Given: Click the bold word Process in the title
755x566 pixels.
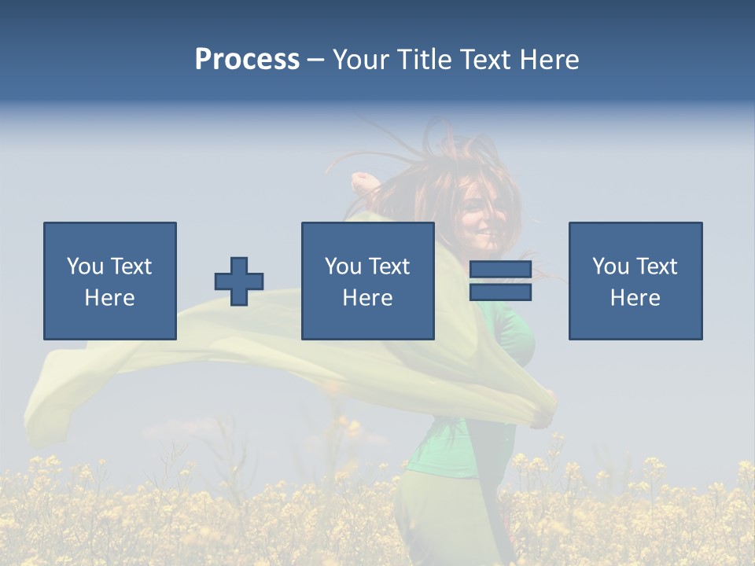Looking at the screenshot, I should click(x=247, y=60).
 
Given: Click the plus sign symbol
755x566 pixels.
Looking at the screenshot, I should click(x=239, y=281).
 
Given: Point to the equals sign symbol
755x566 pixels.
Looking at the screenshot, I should click(x=500, y=281).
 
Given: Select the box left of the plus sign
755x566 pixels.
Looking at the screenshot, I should click(x=110, y=281).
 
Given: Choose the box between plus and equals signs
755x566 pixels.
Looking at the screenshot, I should click(x=367, y=281).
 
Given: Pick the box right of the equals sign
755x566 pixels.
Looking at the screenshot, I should click(x=635, y=281).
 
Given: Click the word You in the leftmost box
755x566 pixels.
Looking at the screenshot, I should click(x=85, y=266).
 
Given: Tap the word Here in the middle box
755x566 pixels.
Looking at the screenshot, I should click(x=367, y=298).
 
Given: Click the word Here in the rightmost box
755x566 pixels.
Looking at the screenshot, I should click(x=635, y=298).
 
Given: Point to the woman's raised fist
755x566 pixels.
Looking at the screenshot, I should click(x=363, y=183).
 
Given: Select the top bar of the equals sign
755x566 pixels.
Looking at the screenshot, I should click(x=500, y=270).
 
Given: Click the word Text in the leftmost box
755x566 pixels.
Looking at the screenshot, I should click(x=131, y=266).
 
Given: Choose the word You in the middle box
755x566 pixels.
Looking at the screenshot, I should click(x=343, y=266).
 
